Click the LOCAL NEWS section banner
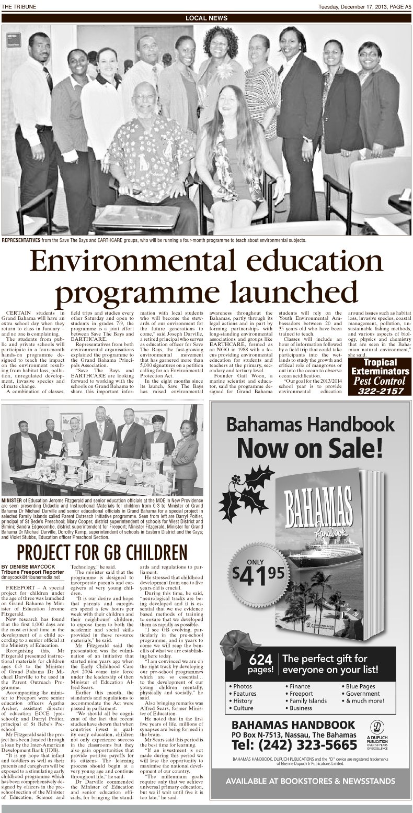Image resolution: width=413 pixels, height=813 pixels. [206, 18]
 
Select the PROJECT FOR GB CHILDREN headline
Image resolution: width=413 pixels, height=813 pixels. [101, 552]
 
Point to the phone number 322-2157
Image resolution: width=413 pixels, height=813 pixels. [377, 391]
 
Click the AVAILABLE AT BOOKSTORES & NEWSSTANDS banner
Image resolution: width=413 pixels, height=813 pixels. [310, 796]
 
